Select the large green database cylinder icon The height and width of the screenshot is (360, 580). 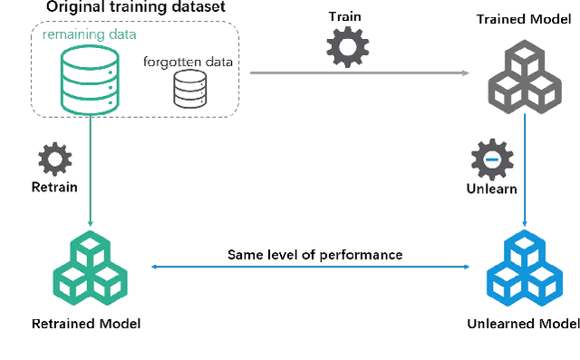point(89,80)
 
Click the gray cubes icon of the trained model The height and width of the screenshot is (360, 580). point(525,77)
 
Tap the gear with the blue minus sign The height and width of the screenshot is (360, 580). point(491,161)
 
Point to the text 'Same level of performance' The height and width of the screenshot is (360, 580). point(314,254)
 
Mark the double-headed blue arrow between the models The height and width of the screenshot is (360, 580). point(314,267)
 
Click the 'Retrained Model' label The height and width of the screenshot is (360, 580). point(86,324)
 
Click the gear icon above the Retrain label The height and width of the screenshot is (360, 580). point(54,160)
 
